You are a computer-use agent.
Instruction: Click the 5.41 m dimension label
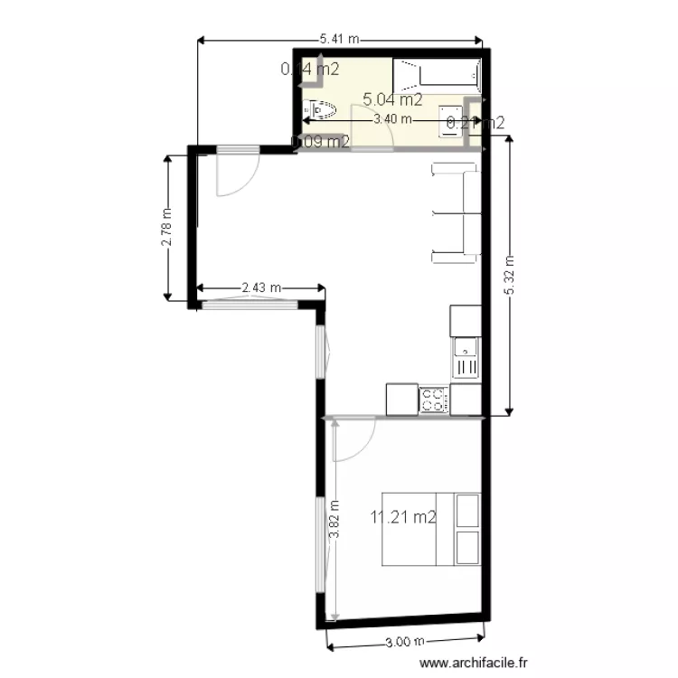(340, 39)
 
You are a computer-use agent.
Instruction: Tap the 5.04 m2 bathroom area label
(392, 99)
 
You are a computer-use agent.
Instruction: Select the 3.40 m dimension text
(392, 118)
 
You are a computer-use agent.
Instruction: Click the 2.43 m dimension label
(260, 288)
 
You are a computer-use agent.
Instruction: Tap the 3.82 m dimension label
(334, 520)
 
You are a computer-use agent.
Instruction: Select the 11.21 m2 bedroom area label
(403, 518)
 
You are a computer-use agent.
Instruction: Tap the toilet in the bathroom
(323, 109)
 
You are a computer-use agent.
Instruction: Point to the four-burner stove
(434, 400)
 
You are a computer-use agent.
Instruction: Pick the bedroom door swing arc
(355, 438)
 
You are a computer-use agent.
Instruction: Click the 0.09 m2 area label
(321, 141)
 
